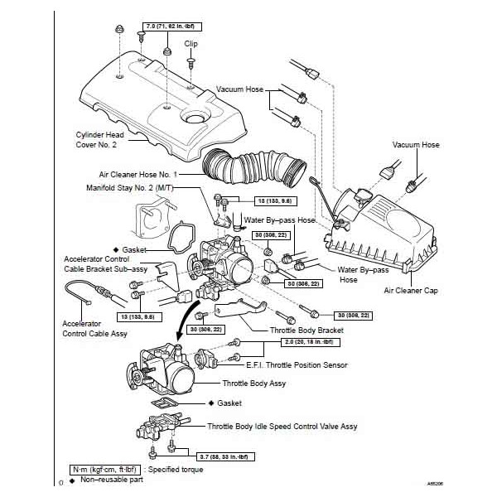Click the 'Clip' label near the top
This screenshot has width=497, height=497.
[191, 44]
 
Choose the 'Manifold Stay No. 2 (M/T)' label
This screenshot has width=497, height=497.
[136, 188]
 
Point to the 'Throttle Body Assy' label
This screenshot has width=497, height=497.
[253, 384]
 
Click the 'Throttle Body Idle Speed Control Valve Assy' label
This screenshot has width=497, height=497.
[282, 426]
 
